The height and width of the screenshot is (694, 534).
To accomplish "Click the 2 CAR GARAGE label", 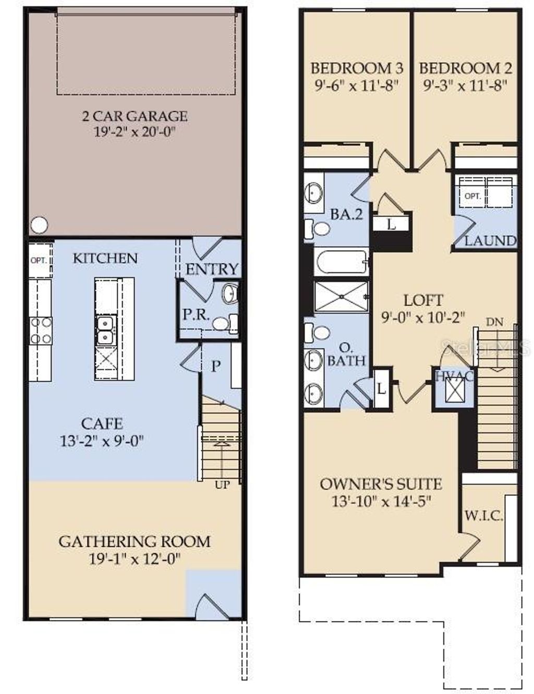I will pyautogui.click(x=135, y=116).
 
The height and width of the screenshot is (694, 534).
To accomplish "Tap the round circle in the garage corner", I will pyautogui.click(x=39, y=225).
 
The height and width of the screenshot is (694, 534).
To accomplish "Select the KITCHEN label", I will pyautogui.click(x=105, y=258).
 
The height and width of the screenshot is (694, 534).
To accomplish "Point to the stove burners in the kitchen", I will pyautogui.click(x=41, y=331).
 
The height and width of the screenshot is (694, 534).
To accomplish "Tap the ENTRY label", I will pyautogui.click(x=212, y=269).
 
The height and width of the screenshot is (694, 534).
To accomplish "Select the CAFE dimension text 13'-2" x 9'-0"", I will pyautogui.click(x=102, y=442).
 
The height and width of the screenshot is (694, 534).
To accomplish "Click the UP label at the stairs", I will pyautogui.click(x=222, y=485).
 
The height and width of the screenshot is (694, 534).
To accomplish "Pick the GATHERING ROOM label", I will pyautogui.click(x=135, y=542).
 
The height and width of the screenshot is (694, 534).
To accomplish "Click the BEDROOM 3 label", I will pyautogui.click(x=357, y=68).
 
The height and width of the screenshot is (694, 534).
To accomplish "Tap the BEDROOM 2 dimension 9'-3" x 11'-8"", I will pyautogui.click(x=465, y=86).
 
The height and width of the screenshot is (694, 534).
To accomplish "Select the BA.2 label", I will pyautogui.click(x=346, y=214).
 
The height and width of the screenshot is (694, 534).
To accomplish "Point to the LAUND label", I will pyautogui.click(x=490, y=241).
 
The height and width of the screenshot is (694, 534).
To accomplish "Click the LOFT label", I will pyautogui.click(x=423, y=300).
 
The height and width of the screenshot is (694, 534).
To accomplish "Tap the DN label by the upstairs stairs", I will pyautogui.click(x=495, y=322).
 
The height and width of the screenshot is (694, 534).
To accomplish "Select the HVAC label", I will pyautogui.click(x=455, y=375).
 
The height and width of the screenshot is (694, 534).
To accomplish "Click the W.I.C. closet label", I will pyautogui.click(x=483, y=516).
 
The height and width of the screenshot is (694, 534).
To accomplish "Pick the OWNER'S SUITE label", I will pyautogui.click(x=381, y=484).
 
